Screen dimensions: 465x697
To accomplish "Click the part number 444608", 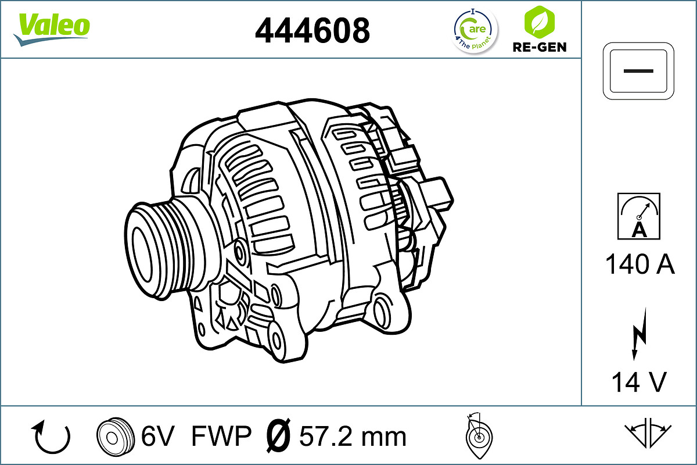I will point(312,30).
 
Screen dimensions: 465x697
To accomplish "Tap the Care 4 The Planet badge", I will point(475,30).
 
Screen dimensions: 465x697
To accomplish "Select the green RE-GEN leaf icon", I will point(539,22).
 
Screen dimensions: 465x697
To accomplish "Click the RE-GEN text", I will point(539,47).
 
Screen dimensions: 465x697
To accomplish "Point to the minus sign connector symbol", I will point(639,70).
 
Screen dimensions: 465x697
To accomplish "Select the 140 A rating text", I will point(639,265).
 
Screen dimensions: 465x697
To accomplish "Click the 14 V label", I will point(639,382).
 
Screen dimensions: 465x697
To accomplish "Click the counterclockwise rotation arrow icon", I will point(52,437).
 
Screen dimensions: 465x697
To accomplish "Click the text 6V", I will point(158,436).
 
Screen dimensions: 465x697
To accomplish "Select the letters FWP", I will point(221,436).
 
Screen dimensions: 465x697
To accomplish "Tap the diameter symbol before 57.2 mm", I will point(278,435).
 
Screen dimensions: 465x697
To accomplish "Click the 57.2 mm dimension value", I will point(353,436).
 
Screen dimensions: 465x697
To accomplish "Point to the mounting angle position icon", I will point(478,435).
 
